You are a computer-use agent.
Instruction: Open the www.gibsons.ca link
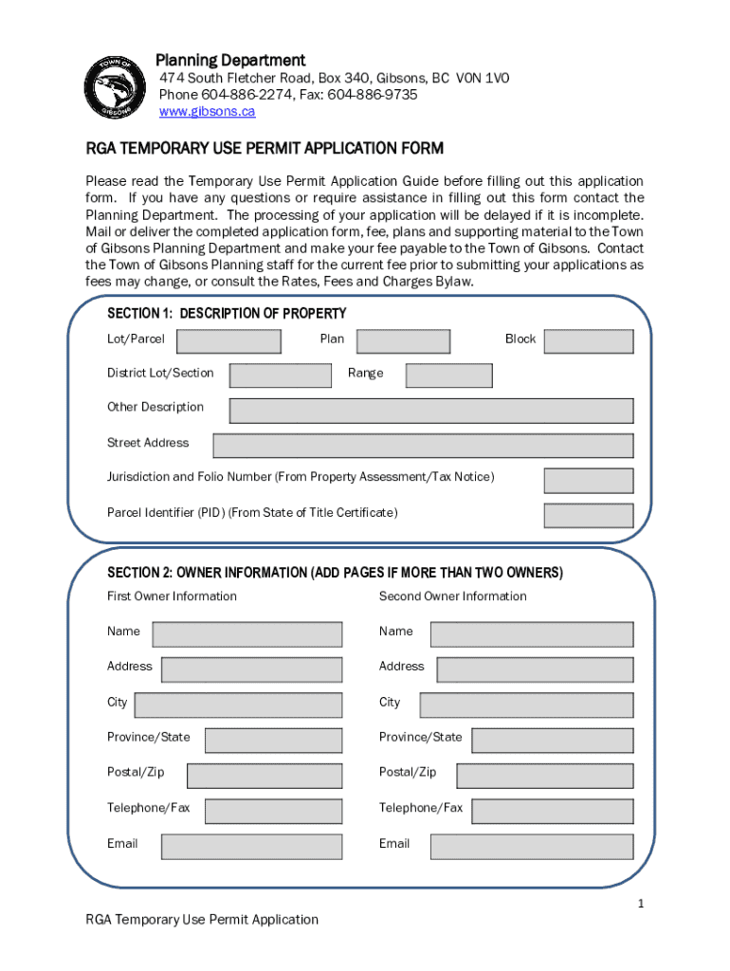click(x=207, y=112)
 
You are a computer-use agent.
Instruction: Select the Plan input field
click(x=403, y=341)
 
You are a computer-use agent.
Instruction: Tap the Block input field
click(x=588, y=341)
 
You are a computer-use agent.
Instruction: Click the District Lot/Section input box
click(x=281, y=376)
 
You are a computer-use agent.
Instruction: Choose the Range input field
click(x=448, y=376)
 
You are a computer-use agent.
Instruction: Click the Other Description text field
click(x=431, y=411)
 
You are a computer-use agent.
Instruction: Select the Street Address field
click(x=423, y=446)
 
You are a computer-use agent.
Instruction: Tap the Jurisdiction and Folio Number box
click(x=588, y=481)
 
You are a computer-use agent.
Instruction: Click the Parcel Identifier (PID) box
click(x=588, y=516)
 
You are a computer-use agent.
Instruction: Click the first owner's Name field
click(x=247, y=634)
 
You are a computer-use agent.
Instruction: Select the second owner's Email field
click(x=531, y=847)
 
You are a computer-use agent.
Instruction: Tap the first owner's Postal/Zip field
click(x=265, y=776)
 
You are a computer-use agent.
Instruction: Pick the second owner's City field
click(x=526, y=705)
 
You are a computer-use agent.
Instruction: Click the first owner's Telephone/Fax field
click(x=273, y=811)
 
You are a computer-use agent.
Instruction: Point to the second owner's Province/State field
click(x=552, y=741)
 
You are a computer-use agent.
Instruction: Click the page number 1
click(x=641, y=904)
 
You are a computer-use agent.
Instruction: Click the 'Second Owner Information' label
click(x=452, y=596)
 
